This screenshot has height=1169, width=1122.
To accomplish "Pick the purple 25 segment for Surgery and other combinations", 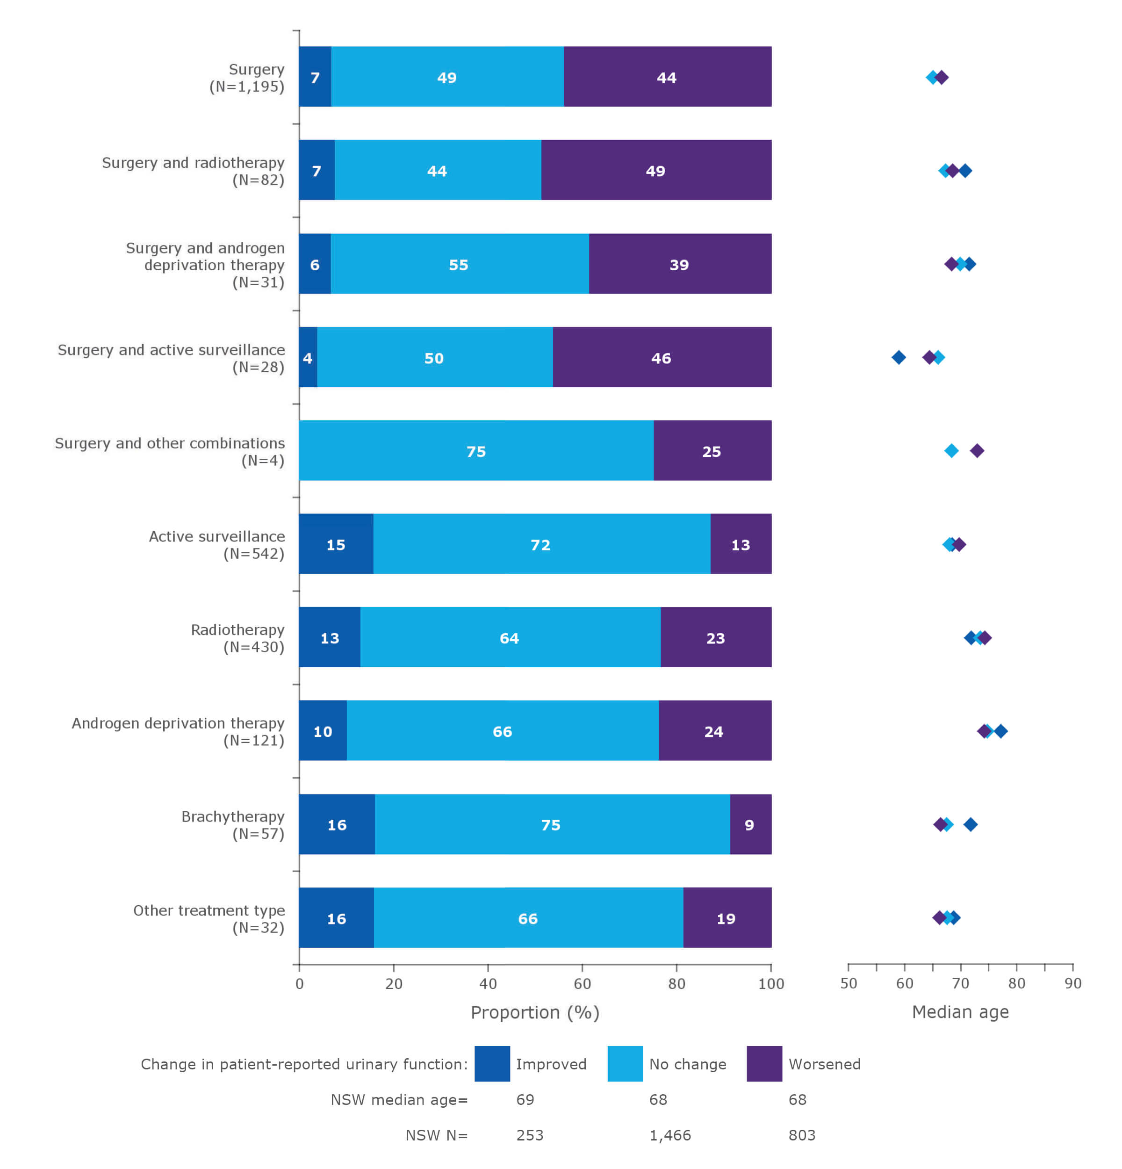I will pyautogui.click(x=712, y=450).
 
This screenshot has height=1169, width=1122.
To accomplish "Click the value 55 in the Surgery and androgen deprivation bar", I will pyautogui.click(x=459, y=264).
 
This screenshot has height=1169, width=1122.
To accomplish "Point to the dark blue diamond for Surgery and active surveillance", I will pyautogui.click(x=899, y=357).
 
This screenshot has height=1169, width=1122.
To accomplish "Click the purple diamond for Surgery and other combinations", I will pyautogui.click(x=977, y=450).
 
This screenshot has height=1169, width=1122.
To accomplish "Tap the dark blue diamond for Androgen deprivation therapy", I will pyautogui.click(x=1001, y=730).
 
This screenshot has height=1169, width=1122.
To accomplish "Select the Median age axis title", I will pyautogui.click(x=960, y=1011).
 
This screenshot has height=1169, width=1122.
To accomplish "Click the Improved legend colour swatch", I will pyautogui.click(x=492, y=1063).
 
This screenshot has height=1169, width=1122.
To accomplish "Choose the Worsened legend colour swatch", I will pyautogui.click(x=764, y=1063).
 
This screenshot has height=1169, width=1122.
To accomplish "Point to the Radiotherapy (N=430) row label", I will pyautogui.click(x=237, y=638).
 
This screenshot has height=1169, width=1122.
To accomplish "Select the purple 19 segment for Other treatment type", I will pyautogui.click(x=726, y=918).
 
